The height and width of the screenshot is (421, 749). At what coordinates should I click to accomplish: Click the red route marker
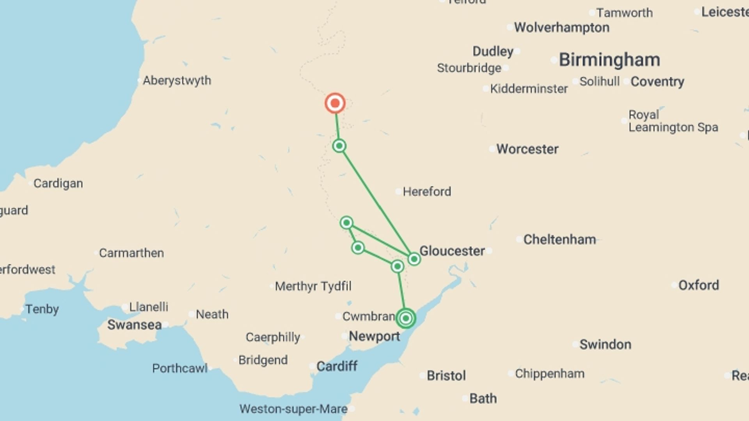pos(335,103)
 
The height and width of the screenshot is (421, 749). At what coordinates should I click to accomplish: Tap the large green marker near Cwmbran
pos(406,318)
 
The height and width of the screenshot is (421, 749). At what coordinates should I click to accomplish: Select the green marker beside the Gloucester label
pos(414,259)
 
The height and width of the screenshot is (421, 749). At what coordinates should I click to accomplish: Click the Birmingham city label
pos(609,60)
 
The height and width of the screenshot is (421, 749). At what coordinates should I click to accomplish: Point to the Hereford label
pos(427,191)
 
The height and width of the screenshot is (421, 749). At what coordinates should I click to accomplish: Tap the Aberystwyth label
pos(177,80)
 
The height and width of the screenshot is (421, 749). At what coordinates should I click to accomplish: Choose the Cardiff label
pos(337,366)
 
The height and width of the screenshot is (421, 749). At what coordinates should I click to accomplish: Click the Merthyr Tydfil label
pos(313,286)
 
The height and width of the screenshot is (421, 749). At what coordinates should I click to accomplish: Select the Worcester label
pos(527,149)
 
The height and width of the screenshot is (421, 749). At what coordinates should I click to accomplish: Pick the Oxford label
pos(698,285)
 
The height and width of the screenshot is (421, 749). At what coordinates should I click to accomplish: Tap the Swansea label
pos(134,325)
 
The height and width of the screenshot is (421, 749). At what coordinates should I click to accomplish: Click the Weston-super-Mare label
pos(293,409)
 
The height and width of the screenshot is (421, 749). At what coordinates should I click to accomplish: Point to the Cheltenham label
pos(559,239)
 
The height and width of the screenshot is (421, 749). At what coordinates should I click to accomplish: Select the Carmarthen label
pos(131,253)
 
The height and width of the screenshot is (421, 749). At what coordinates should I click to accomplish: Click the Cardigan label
pos(58,183)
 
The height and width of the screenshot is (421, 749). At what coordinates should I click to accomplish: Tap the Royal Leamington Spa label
pos(673,121)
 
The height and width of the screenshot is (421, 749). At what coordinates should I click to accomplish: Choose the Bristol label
pos(446,375)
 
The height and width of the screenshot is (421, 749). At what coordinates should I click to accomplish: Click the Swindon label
pos(605,344)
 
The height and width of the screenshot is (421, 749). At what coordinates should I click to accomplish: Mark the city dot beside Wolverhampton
pos(509,27)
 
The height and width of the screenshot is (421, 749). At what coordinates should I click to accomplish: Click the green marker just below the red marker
pos(339,146)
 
